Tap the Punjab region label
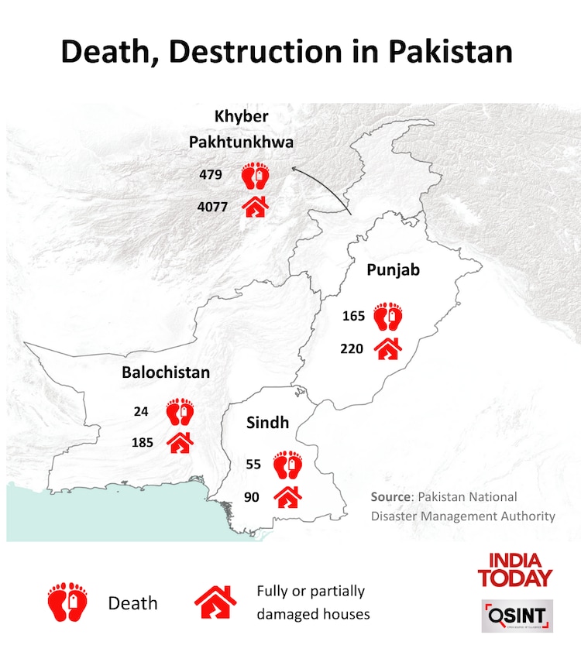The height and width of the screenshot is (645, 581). click(x=394, y=270)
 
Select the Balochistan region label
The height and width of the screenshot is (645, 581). click(x=166, y=372)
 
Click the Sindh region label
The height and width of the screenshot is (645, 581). click(x=267, y=422)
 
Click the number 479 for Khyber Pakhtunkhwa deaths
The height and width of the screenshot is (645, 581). click(x=210, y=175)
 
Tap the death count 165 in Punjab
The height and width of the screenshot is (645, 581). click(x=353, y=316)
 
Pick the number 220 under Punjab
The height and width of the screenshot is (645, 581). click(x=352, y=348)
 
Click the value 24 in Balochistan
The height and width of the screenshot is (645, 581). click(x=140, y=411)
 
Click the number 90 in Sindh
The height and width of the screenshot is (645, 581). click(x=252, y=496)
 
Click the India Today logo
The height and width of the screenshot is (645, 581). click(x=515, y=569)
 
